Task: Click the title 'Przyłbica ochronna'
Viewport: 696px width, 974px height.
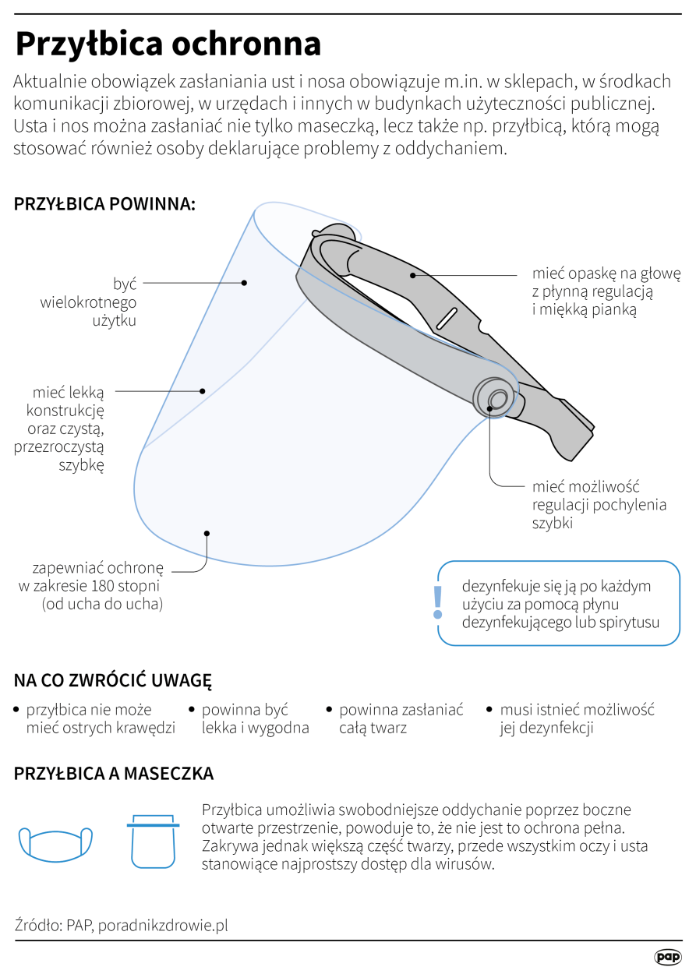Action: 168,44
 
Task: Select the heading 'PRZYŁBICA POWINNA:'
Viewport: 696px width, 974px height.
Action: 104,204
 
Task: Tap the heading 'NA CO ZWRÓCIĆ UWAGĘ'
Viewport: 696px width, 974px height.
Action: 113,680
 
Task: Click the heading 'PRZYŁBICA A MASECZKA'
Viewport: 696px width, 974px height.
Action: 114,774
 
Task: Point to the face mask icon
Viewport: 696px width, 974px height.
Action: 55,842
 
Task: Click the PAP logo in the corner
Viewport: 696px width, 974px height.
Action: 667,956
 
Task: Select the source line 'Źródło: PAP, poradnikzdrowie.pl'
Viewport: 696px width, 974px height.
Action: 122,926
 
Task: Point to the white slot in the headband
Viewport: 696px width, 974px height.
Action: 447,318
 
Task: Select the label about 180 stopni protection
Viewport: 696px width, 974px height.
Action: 92,585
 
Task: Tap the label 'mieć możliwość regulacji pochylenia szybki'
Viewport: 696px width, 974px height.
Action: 599,504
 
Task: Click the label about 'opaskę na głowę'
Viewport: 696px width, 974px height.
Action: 606,291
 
